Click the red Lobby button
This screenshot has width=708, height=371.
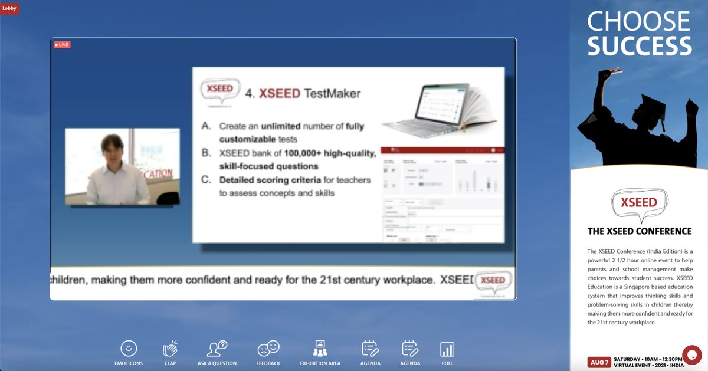9,8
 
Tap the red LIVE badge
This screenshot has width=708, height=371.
62,45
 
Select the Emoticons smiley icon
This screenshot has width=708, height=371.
129,349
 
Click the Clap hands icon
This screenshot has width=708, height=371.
170,349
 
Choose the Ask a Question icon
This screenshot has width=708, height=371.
217,349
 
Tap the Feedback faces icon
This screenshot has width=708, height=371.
268,349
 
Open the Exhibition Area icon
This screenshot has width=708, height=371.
320,349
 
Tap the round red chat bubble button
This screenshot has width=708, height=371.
691,355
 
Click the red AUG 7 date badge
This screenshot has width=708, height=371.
599,362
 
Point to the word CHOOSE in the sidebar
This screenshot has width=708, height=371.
638,22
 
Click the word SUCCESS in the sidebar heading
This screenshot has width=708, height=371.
640,46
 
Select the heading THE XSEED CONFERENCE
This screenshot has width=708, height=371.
640,231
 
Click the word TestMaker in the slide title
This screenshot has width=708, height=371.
333,94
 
